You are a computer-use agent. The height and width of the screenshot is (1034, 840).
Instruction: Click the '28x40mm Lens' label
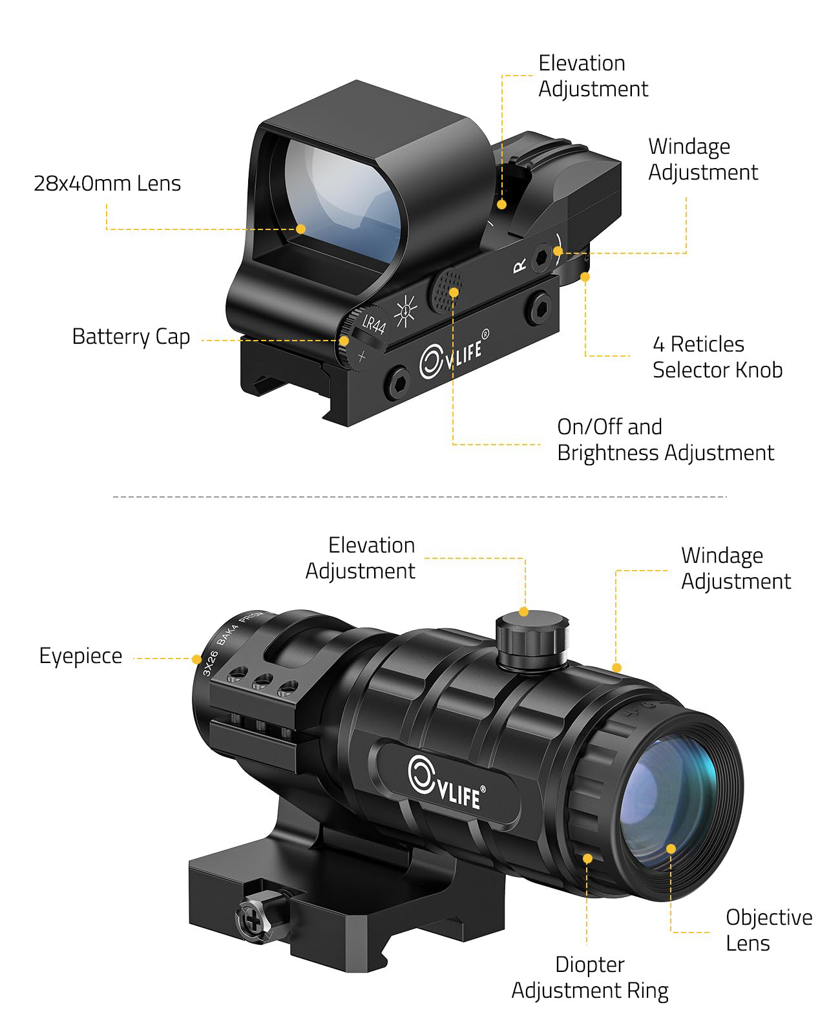pyautogui.click(x=107, y=184)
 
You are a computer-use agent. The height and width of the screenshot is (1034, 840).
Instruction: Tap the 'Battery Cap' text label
pyautogui.click(x=131, y=337)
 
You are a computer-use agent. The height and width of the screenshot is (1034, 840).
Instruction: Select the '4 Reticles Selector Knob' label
pyautogui.click(x=717, y=357)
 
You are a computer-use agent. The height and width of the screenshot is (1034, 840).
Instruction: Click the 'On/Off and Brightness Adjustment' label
pyautogui.click(x=666, y=440)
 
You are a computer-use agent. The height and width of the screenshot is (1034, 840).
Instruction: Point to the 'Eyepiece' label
pyautogui.click(x=81, y=657)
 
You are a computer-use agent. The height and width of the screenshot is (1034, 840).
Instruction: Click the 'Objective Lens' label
pyautogui.click(x=769, y=930)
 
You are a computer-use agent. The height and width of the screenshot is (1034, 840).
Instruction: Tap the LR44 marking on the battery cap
pyautogui.click(x=374, y=324)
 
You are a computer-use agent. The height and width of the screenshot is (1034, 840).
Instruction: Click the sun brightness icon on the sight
pyautogui.click(x=405, y=311)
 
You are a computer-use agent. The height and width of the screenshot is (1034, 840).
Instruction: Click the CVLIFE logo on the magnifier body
pyautogui.click(x=446, y=783)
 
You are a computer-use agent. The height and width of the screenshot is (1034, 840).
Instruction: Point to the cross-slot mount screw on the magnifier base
pyautogui.click(x=253, y=920)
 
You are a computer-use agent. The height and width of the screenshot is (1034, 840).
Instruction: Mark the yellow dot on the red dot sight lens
pyautogui.click(x=301, y=229)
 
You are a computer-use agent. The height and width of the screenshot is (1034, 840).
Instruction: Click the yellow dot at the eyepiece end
pyautogui.click(x=196, y=659)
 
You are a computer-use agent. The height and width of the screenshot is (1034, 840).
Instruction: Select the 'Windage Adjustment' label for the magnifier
pyautogui.click(x=736, y=569)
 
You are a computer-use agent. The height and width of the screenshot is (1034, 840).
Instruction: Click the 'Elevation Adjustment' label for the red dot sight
pyautogui.click(x=593, y=76)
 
